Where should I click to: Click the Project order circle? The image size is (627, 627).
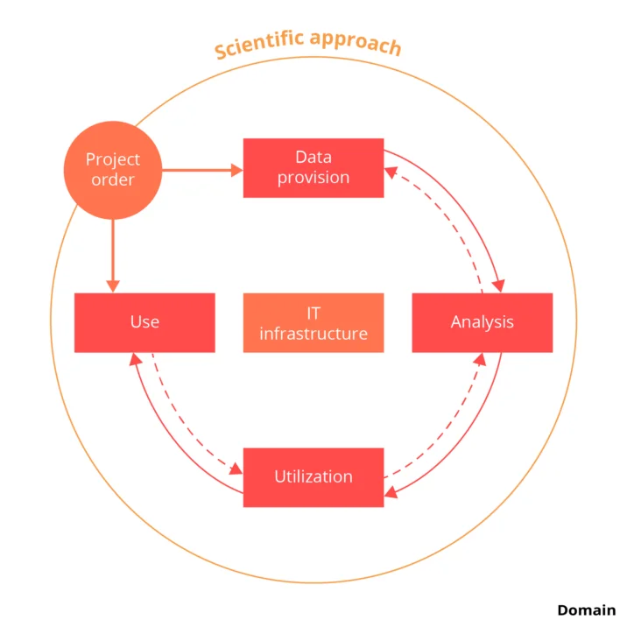point(112,170)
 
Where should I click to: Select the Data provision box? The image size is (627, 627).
point(313,167)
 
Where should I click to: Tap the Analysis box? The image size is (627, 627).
point(482,322)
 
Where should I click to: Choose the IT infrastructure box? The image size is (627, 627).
point(313,322)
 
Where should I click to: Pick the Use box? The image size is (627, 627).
point(144,322)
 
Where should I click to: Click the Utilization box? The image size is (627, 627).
point(313,477)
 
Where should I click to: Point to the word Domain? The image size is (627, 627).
point(586,610)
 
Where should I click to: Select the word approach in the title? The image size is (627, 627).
point(355,42)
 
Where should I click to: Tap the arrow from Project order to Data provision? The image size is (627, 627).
point(197,170)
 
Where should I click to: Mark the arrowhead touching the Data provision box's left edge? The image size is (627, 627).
point(237,170)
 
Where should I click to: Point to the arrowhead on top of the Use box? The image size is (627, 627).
point(112,286)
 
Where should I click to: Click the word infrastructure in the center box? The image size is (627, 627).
point(313,334)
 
